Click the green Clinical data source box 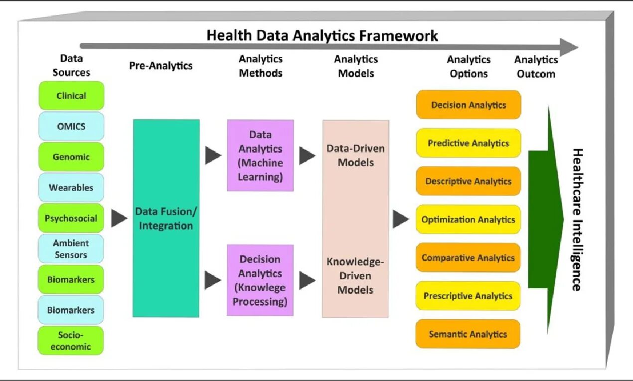click(71, 96)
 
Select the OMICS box click(71, 126)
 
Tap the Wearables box click(71, 188)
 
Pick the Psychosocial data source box click(71, 218)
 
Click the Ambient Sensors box click(71, 249)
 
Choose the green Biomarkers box click(71, 279)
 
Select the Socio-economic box click(71, 341)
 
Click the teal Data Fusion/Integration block click(166, 218)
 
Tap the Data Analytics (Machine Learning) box click(260, 156)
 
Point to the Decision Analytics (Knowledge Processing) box click(260, 280)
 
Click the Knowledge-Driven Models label click(355, 275)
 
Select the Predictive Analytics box click(468, 143)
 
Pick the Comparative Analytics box click(468, 258)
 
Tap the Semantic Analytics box click(468, 334)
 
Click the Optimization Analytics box click(468, 219)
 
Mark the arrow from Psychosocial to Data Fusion click(119, 218)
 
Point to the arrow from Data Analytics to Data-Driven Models click(307, 156)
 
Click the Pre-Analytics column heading click(161, 66)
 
